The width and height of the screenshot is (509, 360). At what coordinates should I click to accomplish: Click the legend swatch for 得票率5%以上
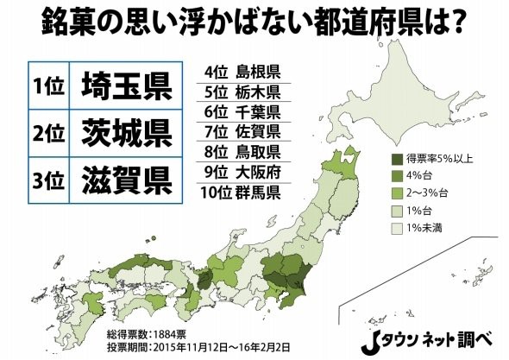397,159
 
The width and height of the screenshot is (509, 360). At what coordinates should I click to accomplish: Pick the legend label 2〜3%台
430,193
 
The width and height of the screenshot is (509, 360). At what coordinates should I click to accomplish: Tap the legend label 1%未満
430,227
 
